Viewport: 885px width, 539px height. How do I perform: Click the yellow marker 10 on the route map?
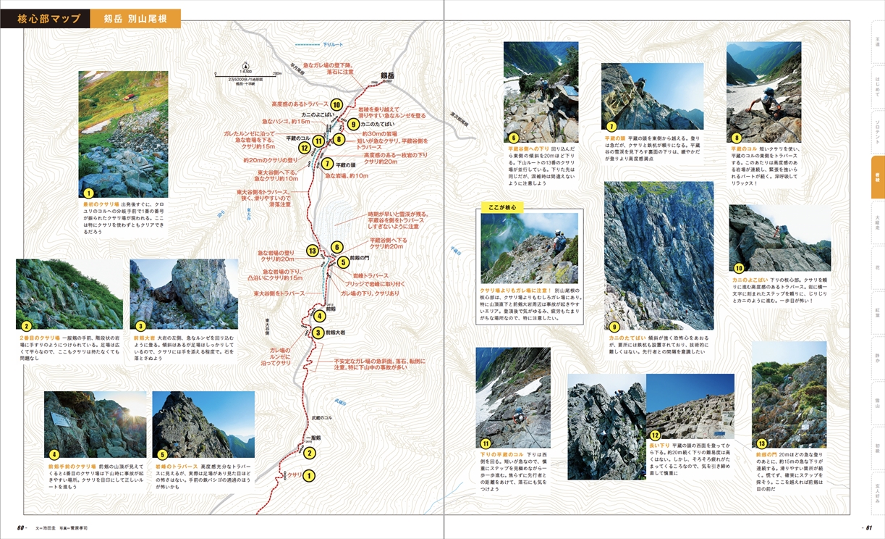click(336, 105)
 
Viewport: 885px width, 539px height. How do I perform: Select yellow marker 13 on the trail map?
click(313, 251)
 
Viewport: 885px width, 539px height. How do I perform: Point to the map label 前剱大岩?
click(337, 333)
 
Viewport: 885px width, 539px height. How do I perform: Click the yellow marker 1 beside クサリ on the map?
click(309, 476)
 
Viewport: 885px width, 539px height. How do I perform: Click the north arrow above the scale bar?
click(246, 62)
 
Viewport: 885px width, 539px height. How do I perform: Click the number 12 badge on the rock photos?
click(654, 435)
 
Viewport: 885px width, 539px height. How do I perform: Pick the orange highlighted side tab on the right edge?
click(877, 177)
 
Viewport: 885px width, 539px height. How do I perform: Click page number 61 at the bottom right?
click(868, 527)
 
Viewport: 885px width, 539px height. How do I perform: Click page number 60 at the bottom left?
click(22, 527)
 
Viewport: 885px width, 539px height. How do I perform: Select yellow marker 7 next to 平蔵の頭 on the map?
click(327, 164)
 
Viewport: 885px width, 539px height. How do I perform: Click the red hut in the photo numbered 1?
click(127, 98)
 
